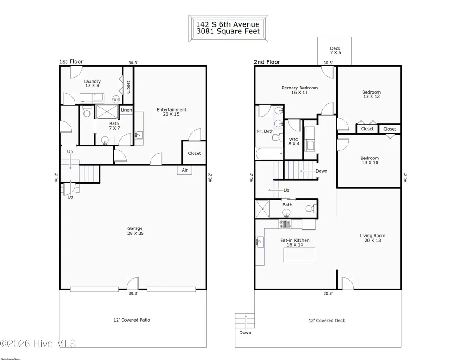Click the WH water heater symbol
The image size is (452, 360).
click(116, 99)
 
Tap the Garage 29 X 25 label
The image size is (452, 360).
click(135, 231)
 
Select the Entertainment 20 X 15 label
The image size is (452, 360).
click(171, 112)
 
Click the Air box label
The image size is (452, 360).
click(185, 170)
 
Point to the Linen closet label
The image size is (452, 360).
click(126, 110)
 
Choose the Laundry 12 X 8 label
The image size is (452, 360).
click(92, 84)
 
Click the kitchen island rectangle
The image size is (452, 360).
click(299, 255)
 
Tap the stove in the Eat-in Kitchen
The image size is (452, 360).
click(285, 224)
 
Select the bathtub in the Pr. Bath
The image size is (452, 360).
click(269, 154)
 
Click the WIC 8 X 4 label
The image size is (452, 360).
click(294, 141)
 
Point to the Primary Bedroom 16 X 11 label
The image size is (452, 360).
click(300, 90)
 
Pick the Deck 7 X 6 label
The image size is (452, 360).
click(335, 51)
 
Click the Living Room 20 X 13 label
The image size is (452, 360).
click(372, 238)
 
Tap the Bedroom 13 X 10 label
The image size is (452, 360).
click(370, 160)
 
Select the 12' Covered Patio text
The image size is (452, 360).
click(132, 320)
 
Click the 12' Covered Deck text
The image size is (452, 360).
click(327, 321)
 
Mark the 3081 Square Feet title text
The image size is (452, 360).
click(228, 31)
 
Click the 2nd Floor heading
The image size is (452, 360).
click(267, 62)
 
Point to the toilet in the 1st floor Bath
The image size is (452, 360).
click(87, 111)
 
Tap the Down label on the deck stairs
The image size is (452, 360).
click(245, 332)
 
